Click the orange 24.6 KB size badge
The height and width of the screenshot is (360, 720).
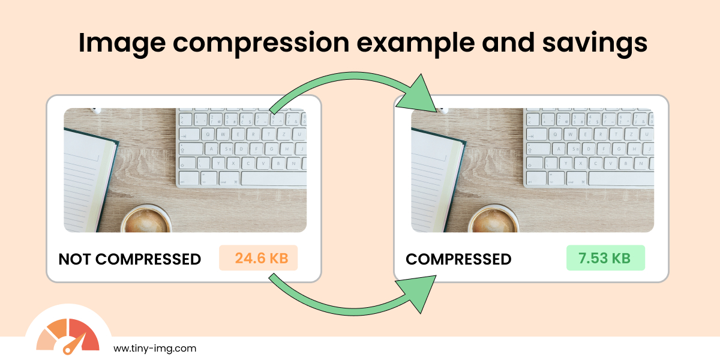259,259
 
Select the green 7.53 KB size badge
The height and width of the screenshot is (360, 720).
605,259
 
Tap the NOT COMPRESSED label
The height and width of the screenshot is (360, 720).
130,259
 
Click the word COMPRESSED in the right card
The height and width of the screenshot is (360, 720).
458,259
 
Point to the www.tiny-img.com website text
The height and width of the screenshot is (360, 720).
154,348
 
